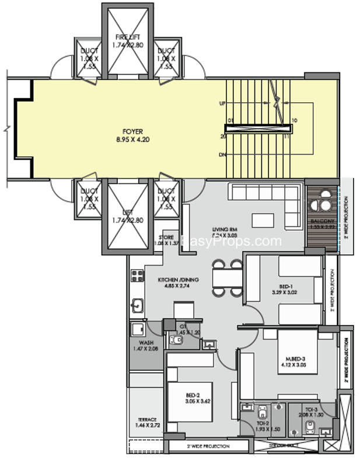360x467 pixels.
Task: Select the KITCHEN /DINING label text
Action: point(178,280)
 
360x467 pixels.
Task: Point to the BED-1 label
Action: point(285,286)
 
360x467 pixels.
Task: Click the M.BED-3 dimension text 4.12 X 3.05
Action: point(292,365)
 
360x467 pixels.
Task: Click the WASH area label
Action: point(145,343)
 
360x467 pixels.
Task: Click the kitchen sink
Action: point(138,305)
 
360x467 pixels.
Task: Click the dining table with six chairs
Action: point(228,277)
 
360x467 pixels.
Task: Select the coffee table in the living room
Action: point(263,219)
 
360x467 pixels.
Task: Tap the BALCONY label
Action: point(321,221)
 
